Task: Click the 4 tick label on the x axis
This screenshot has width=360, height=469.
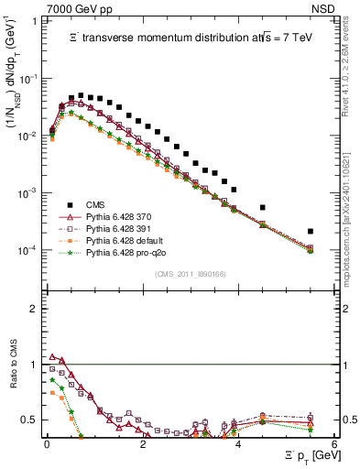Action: pos(238,443)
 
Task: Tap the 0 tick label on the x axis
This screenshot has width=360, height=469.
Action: pos(47,443)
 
